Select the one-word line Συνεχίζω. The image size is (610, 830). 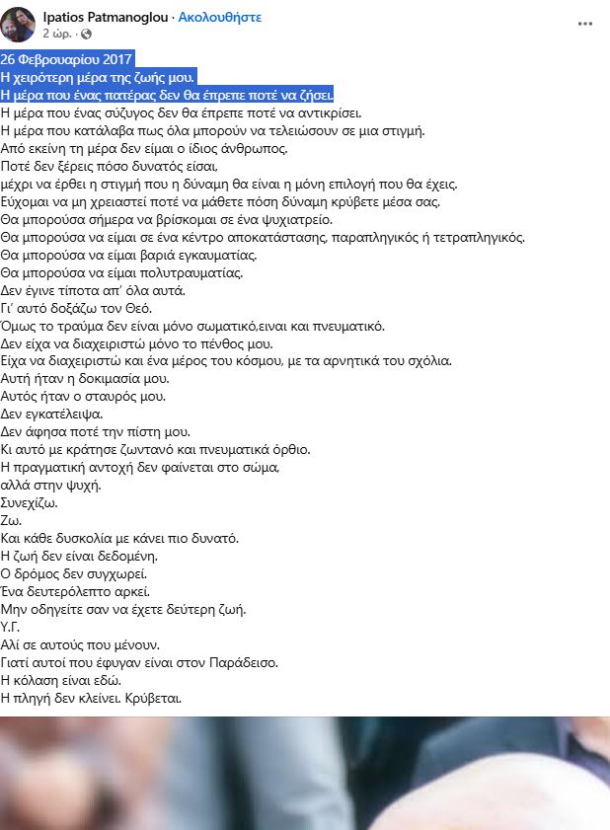tap(30, 503)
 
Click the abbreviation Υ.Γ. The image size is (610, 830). tap(12, 628)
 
